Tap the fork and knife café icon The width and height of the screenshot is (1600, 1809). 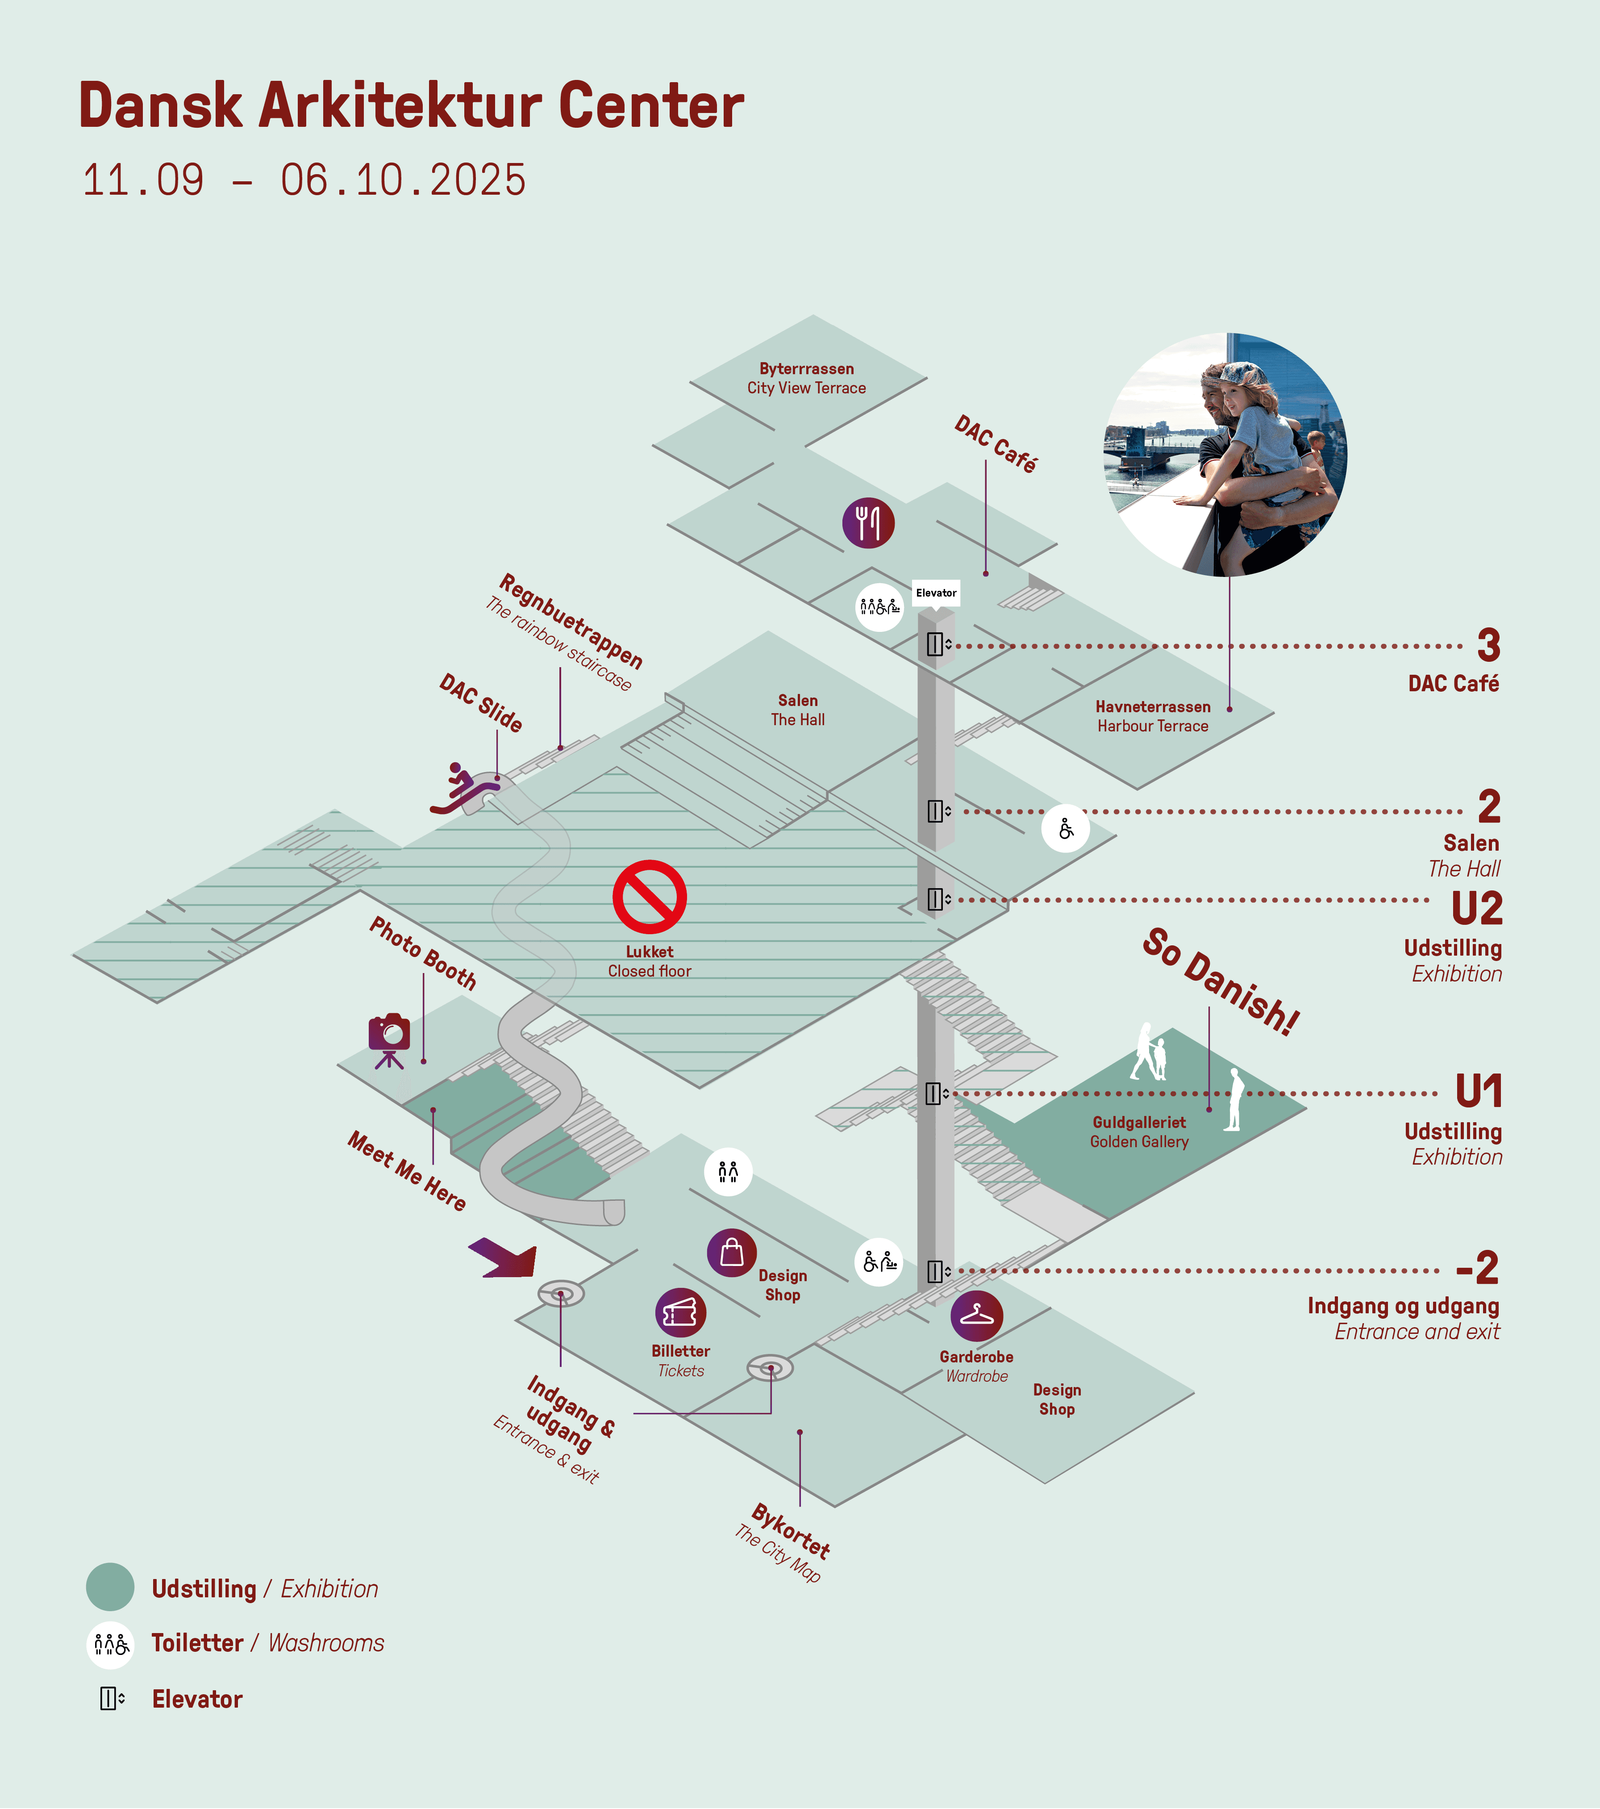868,523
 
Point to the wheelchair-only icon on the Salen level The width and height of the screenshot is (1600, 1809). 1066,828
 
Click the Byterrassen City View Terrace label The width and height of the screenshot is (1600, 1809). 806,378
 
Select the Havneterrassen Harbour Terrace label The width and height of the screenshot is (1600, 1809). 1152,716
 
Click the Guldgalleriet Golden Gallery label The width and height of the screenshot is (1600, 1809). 1139,1132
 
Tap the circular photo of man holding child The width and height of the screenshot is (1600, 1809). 1226,455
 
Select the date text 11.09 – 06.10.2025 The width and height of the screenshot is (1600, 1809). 304,180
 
